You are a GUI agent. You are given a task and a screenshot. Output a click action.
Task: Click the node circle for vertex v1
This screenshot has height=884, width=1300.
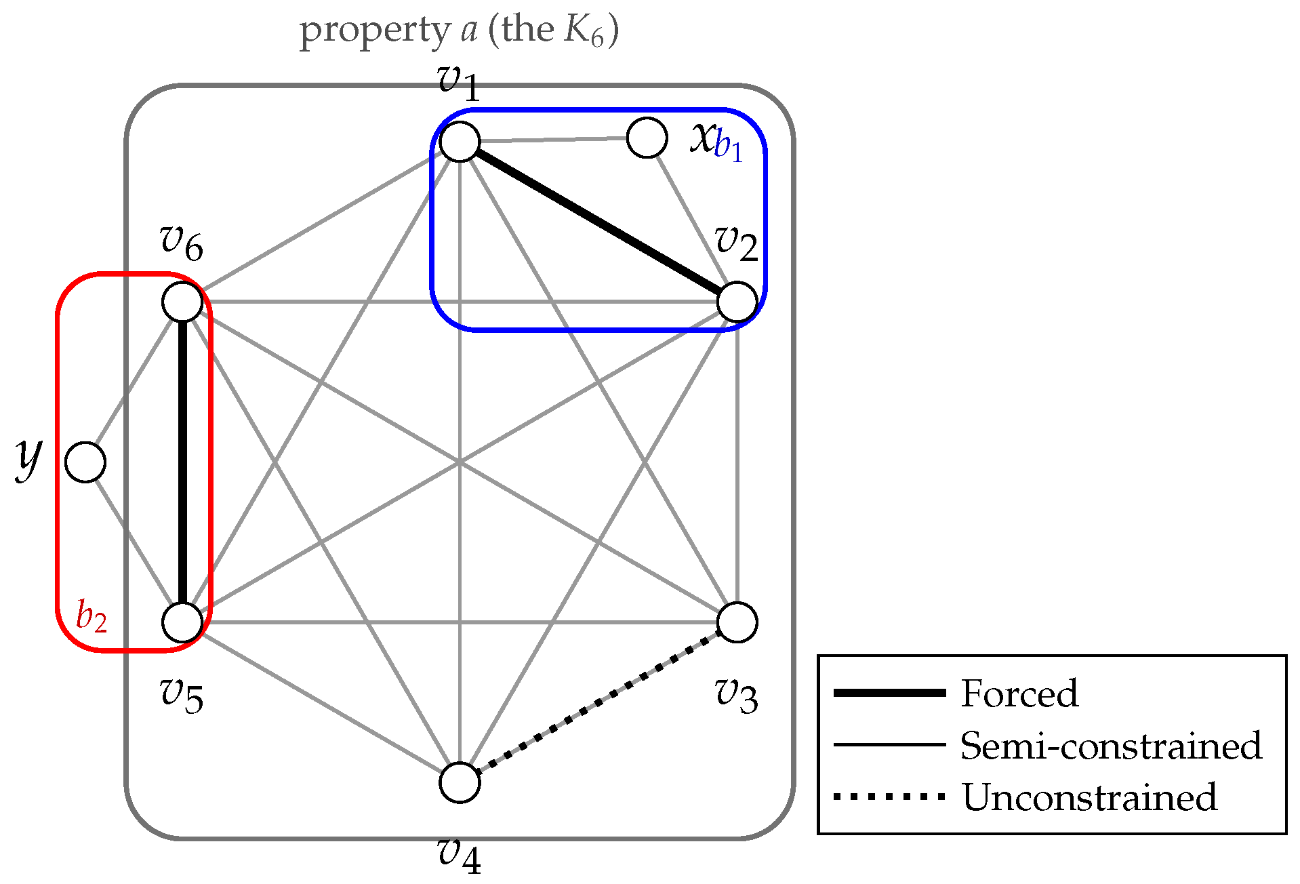click(460, 142)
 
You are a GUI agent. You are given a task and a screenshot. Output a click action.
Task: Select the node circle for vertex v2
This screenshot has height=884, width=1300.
click(737, 302)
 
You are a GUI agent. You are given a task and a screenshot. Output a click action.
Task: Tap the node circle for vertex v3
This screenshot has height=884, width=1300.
click(737, 622)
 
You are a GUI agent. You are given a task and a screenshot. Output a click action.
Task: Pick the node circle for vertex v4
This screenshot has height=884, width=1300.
click(460, 782)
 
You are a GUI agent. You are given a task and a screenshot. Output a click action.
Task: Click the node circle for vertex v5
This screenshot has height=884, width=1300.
click(182, 622)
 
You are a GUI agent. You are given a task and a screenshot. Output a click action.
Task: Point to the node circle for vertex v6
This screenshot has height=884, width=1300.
click(182, 302)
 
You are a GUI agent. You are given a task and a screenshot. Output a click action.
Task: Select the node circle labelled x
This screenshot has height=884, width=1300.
click(647, 138)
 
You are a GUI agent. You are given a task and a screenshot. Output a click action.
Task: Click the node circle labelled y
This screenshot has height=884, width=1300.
click(85, 462)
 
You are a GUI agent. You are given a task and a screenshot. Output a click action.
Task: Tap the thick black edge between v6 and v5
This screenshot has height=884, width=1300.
click(182, 462)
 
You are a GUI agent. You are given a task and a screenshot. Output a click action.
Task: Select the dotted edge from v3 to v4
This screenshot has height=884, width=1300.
click(598, 702)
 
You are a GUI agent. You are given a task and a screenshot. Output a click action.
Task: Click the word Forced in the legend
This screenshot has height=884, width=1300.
click(1019, 694)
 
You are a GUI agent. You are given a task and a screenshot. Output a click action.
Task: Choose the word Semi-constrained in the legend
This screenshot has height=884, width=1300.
click(1111, 746)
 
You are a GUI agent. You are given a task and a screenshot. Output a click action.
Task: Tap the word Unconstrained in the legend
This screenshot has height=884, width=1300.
click(1089, 797)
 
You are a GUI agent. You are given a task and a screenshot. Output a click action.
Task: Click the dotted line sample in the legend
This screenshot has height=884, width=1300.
click(889, 797)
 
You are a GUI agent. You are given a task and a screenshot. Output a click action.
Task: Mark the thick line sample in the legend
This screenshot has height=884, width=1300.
click(889, 692)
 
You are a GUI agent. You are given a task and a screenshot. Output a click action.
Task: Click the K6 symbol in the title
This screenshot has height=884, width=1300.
click(582, 31)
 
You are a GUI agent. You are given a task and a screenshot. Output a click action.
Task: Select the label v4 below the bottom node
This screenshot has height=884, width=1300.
click(460, 855)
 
